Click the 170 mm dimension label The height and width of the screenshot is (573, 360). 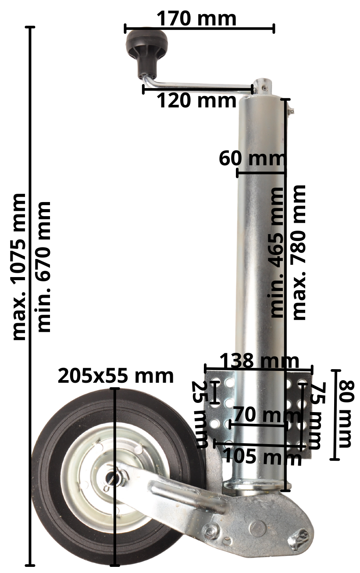click(x=196, y=18)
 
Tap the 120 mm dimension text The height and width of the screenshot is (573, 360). click(x=196, y=100)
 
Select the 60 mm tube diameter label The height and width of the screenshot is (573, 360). click(x=252, y=158)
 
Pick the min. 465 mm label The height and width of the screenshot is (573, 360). click(x=277, y=253)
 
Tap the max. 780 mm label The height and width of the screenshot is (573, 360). click(x=299, y=253)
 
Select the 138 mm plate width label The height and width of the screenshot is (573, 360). click(x=259, y=361)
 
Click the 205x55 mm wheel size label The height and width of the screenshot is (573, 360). click(x=116, y=376)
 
